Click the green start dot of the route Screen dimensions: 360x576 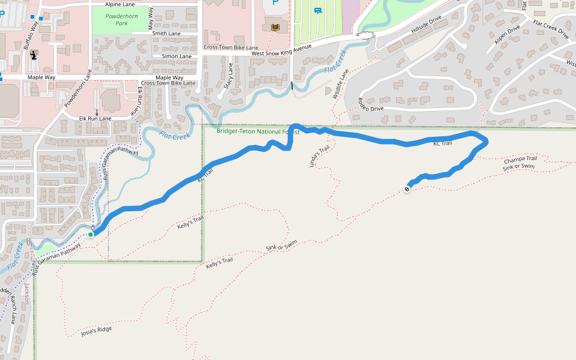tap(91, 234)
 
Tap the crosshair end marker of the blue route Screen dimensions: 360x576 tap(407, 190)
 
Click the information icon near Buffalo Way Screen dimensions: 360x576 tap(34, 56)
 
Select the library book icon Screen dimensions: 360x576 tap(275, 28)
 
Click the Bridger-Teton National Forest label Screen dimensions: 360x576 tap(257, 131)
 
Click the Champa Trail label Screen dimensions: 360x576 tap(520, 160)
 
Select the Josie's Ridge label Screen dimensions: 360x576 tap(96, 331)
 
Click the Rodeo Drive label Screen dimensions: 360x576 tap(370, 104)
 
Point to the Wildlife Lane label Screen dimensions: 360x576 tap(340, 85)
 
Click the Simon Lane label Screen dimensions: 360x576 tap(176, 56)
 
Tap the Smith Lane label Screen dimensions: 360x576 tap(166, 34)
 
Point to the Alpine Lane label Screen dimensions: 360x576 tap(119, 4)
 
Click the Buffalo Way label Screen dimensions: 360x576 tap(30, 37)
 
